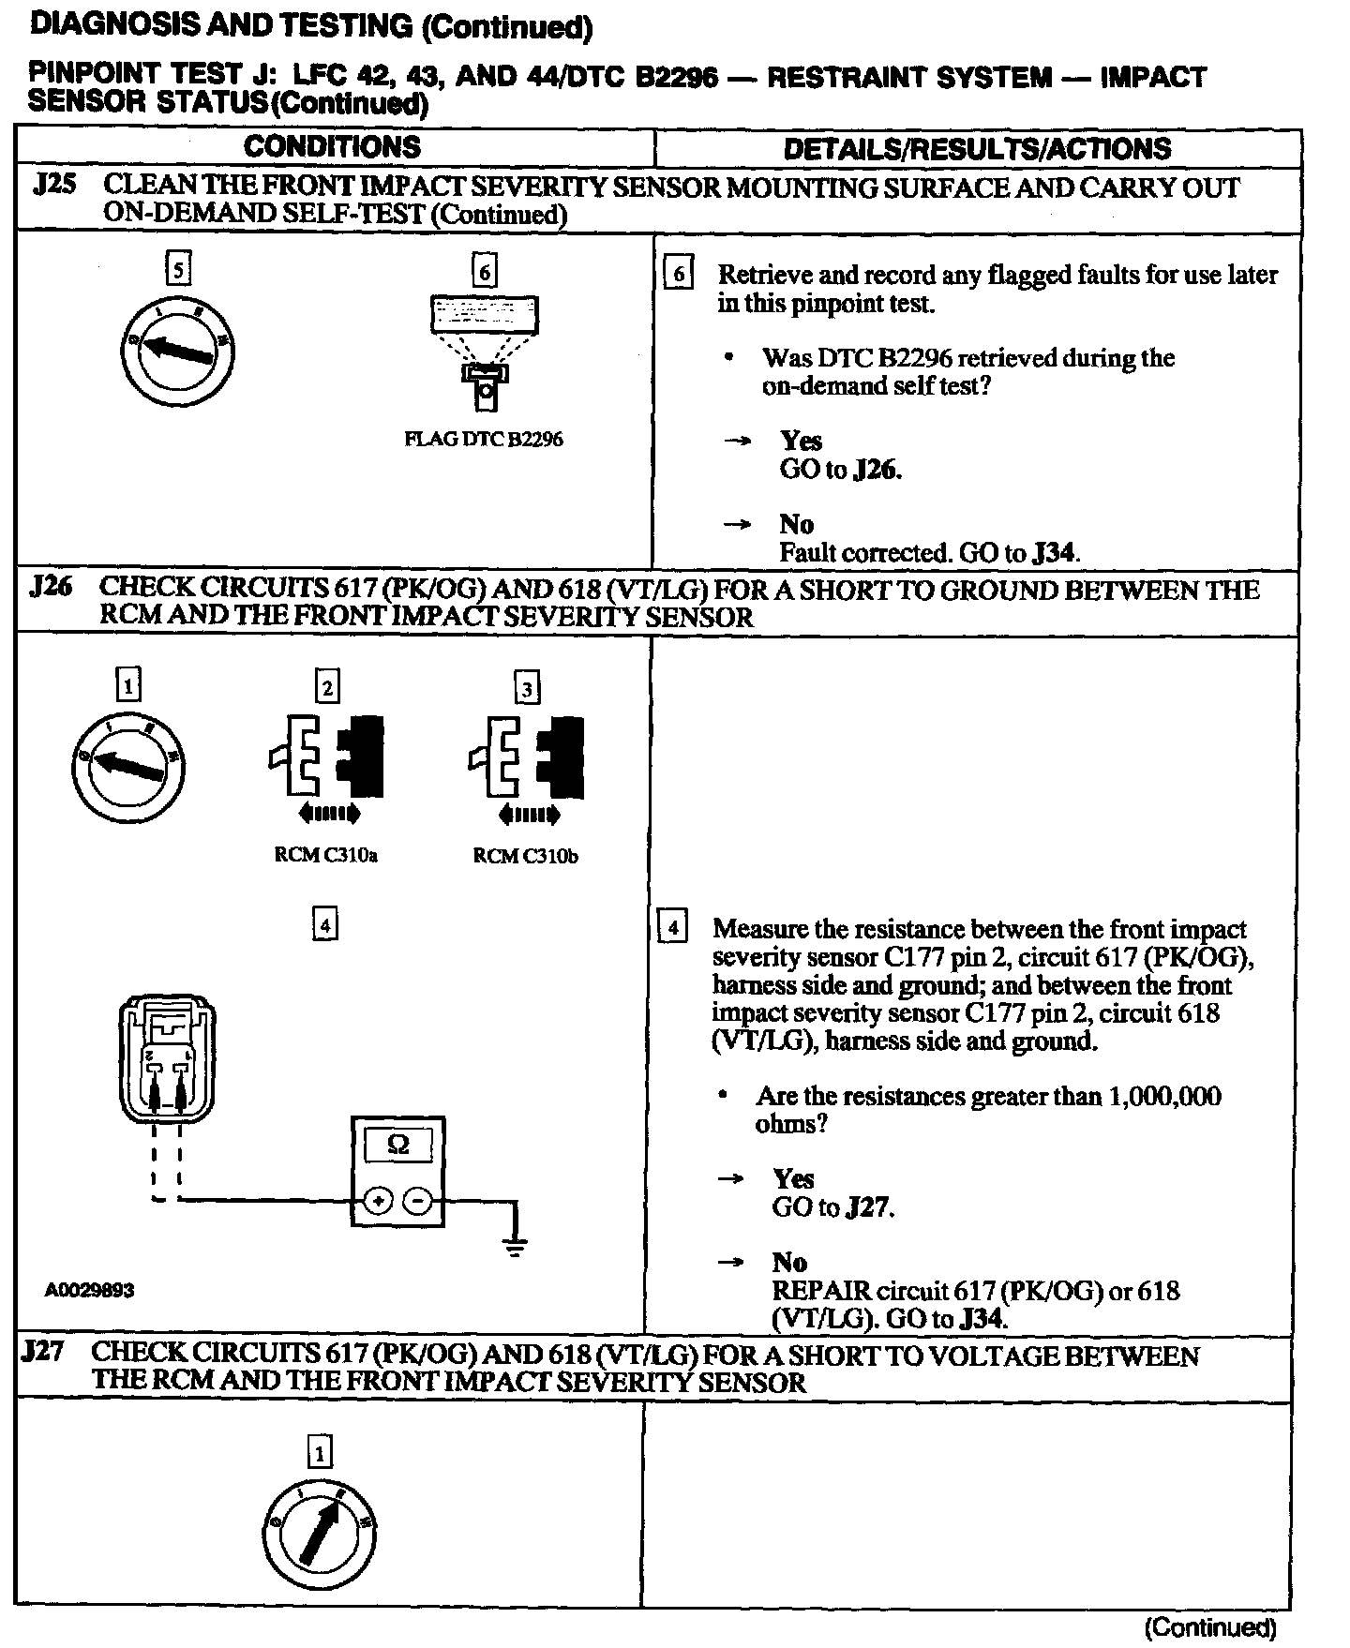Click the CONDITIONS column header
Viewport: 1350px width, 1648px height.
(332, 147)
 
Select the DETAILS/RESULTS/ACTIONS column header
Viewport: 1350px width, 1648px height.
(977, 148)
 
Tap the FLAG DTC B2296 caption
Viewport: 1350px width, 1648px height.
(483, 439)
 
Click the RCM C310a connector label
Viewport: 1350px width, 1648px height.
(325, 856)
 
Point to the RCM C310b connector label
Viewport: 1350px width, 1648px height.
(525, 856)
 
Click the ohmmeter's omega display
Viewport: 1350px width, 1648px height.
(397, 1146)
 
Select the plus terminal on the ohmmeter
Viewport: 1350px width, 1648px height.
(378, 1201)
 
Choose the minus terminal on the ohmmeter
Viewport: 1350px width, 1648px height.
(419, 1201)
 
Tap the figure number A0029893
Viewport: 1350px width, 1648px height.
(89, 1290)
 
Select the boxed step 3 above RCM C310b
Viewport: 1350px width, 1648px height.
(527, 689)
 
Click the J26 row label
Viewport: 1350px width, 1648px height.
(51, 588)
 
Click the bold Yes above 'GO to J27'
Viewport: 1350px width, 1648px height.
(793, 1178)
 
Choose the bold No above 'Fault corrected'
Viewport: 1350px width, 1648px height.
(796, 524)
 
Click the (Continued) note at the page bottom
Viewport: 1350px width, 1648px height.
(1210, 1626)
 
